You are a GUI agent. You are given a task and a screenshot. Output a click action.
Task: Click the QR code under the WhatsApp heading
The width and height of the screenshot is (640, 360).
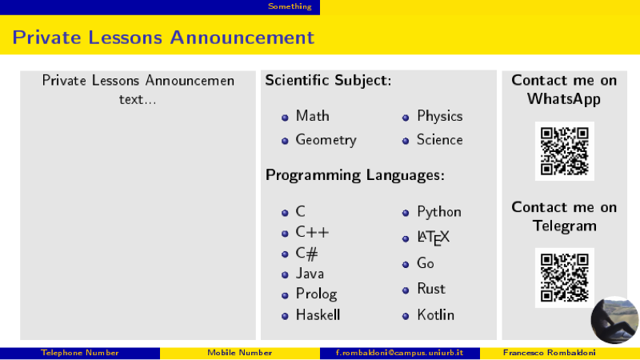(565, 151)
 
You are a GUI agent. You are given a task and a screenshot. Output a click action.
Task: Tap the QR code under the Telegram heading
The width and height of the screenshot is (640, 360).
(565, 278)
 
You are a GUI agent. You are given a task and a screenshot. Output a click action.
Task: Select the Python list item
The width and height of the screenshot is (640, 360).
(439, 212)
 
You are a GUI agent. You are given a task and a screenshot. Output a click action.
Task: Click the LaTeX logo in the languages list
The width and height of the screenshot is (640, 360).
(433, 238)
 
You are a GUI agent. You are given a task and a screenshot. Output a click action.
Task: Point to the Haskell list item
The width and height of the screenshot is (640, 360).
(318, 314)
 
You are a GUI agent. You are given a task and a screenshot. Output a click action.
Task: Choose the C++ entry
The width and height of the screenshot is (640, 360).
(312, 232)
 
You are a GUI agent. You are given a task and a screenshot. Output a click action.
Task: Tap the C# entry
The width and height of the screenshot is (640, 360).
(306, 254)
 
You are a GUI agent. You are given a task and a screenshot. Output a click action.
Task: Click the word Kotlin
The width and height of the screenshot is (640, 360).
(435, 314)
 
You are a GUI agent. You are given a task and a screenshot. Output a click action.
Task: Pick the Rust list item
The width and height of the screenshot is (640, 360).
(431, 289)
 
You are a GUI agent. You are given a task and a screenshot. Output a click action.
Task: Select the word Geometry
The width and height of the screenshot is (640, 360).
(326, 141)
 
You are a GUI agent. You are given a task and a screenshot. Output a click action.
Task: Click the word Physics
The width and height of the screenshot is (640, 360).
(439, 116)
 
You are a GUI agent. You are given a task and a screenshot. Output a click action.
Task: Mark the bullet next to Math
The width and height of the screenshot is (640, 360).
(285, 118)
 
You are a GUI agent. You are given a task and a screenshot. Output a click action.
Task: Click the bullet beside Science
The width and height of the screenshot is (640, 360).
(406, 142)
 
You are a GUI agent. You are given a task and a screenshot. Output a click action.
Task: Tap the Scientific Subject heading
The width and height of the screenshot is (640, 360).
(328, 81)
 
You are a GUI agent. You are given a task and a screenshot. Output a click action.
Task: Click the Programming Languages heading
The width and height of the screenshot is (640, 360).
(355, 175)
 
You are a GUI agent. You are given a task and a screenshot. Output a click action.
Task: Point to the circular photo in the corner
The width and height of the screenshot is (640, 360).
(614, 320)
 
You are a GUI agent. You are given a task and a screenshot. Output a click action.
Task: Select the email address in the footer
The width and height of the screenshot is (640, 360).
(399, 353)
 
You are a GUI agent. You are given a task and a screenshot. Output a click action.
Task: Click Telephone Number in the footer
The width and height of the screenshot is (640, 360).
(79, 353)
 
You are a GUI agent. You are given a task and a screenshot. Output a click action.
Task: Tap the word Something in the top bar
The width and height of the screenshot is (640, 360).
(290, 6)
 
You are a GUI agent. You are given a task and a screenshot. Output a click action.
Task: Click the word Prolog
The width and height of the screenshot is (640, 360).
(316, 294)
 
